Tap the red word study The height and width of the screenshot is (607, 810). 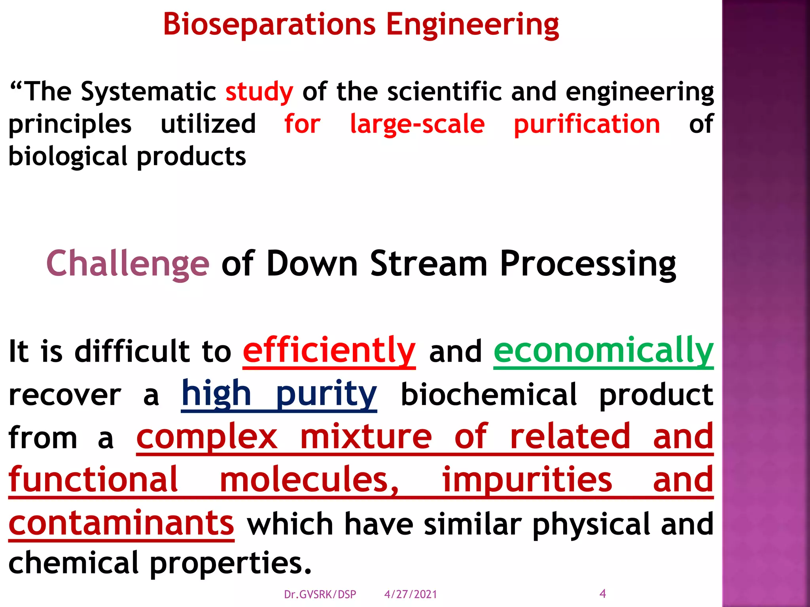click(259, 92)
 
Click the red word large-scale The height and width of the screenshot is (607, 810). click(417, 124)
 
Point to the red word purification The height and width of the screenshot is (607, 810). click(587, 124)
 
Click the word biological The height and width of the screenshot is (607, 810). click(68, 156)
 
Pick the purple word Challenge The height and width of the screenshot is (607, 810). click(127, 264)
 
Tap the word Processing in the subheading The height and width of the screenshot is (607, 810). click(588, 264)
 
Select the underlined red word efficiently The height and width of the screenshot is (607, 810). click(329, 351)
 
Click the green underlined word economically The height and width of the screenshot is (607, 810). click(604, 351)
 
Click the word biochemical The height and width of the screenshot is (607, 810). click(489, 394)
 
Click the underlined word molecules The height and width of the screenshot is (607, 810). click(309, 480)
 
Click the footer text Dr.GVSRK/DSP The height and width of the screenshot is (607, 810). click(320, 594)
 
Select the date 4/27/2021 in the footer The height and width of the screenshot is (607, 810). click(411, 594)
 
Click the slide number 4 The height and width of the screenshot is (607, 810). click(603, 593)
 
